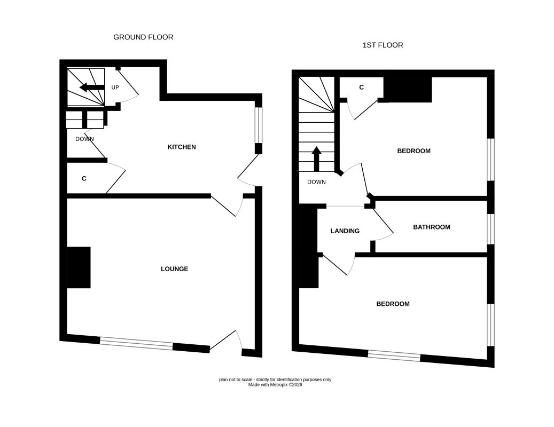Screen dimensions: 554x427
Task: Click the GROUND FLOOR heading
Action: [143, 37]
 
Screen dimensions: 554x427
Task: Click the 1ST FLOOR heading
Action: [383, 45]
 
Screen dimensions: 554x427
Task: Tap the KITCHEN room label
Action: [182, 147]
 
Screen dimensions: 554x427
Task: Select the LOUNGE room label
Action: [175, 269]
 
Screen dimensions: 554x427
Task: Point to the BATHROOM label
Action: [432, 227]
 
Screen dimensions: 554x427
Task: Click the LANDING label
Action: [345, 231]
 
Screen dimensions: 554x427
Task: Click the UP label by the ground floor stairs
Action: [115, 88]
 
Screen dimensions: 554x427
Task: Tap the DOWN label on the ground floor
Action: [84, 139]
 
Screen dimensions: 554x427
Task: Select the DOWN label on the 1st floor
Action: [317, 182]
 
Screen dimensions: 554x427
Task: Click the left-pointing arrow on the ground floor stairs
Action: [92, 88]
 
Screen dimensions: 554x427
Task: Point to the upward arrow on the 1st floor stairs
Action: [316, 159]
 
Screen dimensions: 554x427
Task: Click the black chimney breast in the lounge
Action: [79, 267]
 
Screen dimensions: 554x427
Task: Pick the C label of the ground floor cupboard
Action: [84, 179]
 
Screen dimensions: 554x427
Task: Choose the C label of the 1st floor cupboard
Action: [362, 88]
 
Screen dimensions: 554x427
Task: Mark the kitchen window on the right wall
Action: [259, 125]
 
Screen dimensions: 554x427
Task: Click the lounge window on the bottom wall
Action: [136, 344]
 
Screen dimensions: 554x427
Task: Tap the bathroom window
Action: [491, 229]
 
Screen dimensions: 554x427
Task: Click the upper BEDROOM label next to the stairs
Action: [413, 151]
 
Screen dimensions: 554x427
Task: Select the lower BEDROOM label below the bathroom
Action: [393, 304]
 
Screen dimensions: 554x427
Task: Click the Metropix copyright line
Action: [275, 385]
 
